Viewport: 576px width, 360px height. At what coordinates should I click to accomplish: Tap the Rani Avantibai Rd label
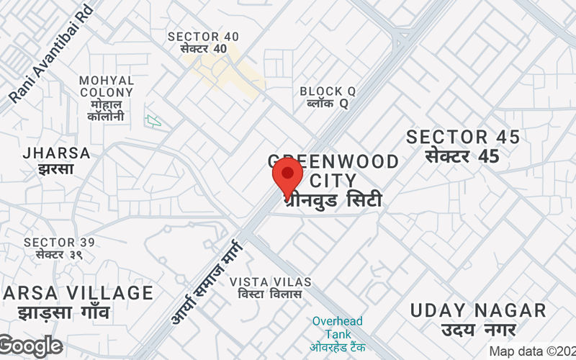pyautogui.click(x=51, y=53)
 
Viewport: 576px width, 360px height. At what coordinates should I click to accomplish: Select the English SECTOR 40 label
pyautogui.click(x=204, y=36)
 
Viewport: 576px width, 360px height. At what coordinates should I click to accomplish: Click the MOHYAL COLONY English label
pyautogui.click(x=107, y=86)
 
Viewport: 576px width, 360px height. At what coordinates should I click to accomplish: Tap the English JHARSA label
pyautogui.click(x=57, y=153)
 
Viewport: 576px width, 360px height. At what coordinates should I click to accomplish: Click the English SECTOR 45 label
pyautogui.click(x=463, y=137)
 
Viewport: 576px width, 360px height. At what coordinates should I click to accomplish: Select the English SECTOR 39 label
pyautogui.click(x=59, y=243)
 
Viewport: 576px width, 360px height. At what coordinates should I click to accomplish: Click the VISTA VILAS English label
pyautogui.click(x=271, y=281)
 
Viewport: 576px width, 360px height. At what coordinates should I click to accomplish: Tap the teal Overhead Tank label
pyautogui.click(x=338, y=327)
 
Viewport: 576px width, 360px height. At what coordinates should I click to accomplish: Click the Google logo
pyautogui.click(x=30, y=346)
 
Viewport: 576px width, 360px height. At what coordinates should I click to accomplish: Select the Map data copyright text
pyautogui.click(x=532, y=351)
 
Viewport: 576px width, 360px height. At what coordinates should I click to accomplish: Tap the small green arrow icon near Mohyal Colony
pyautogui.click(x=153, y=120)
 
